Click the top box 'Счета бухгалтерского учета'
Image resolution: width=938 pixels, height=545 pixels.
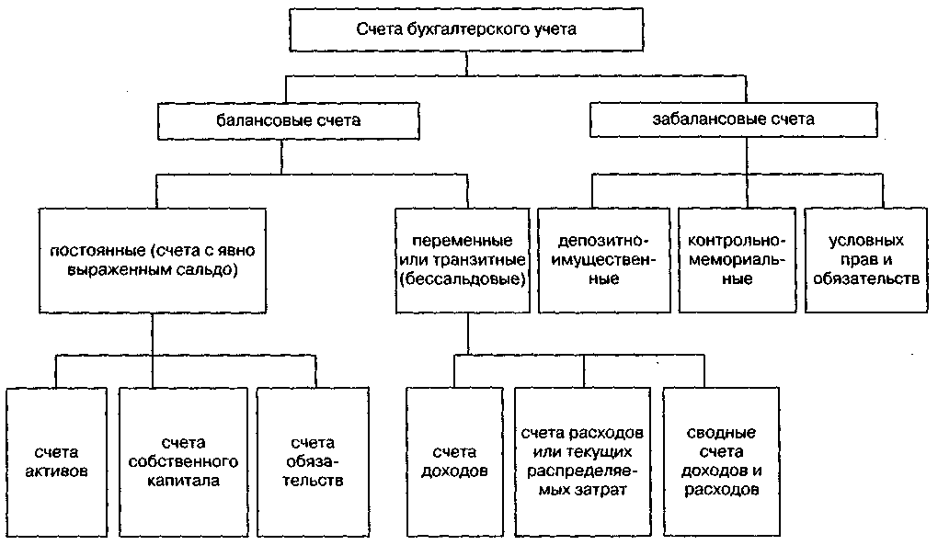click(466, 29)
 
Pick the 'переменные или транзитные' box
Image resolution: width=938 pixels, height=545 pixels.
click(467, 259)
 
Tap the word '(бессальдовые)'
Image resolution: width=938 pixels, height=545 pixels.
click(467, 278)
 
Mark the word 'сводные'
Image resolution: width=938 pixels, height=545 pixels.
click(722, 432)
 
